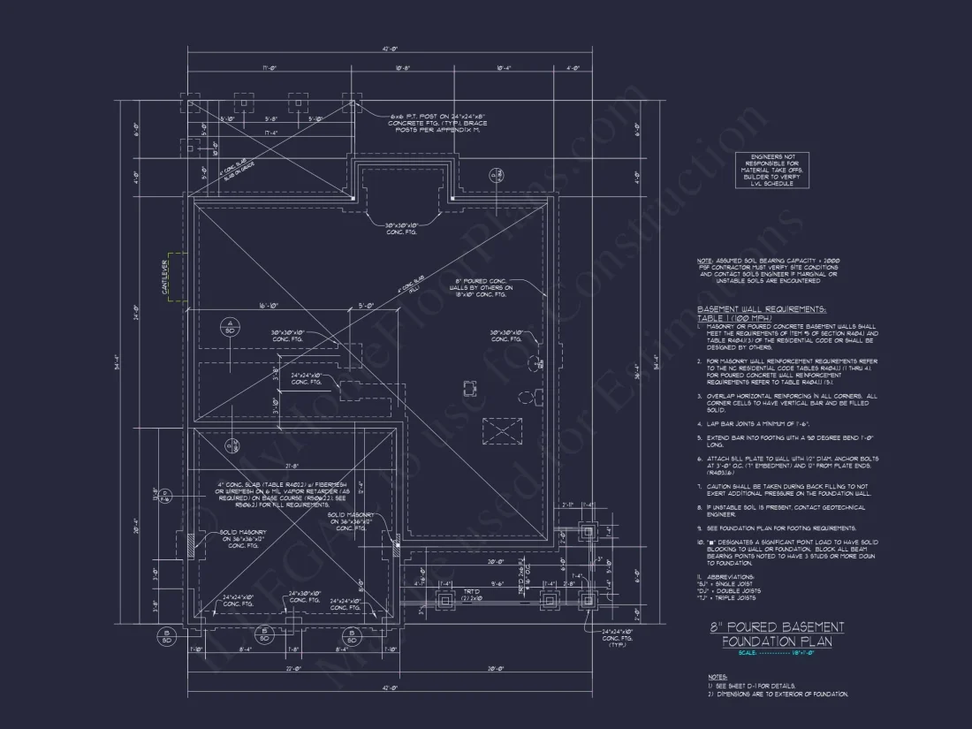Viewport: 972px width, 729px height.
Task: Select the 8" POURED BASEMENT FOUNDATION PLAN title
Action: tap(777, 634)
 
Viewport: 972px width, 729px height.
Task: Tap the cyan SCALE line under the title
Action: tap(777, 653)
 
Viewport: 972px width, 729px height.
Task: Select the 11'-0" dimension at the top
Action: tap(270, 67)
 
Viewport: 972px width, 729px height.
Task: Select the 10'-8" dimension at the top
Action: tap(400, 67)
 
